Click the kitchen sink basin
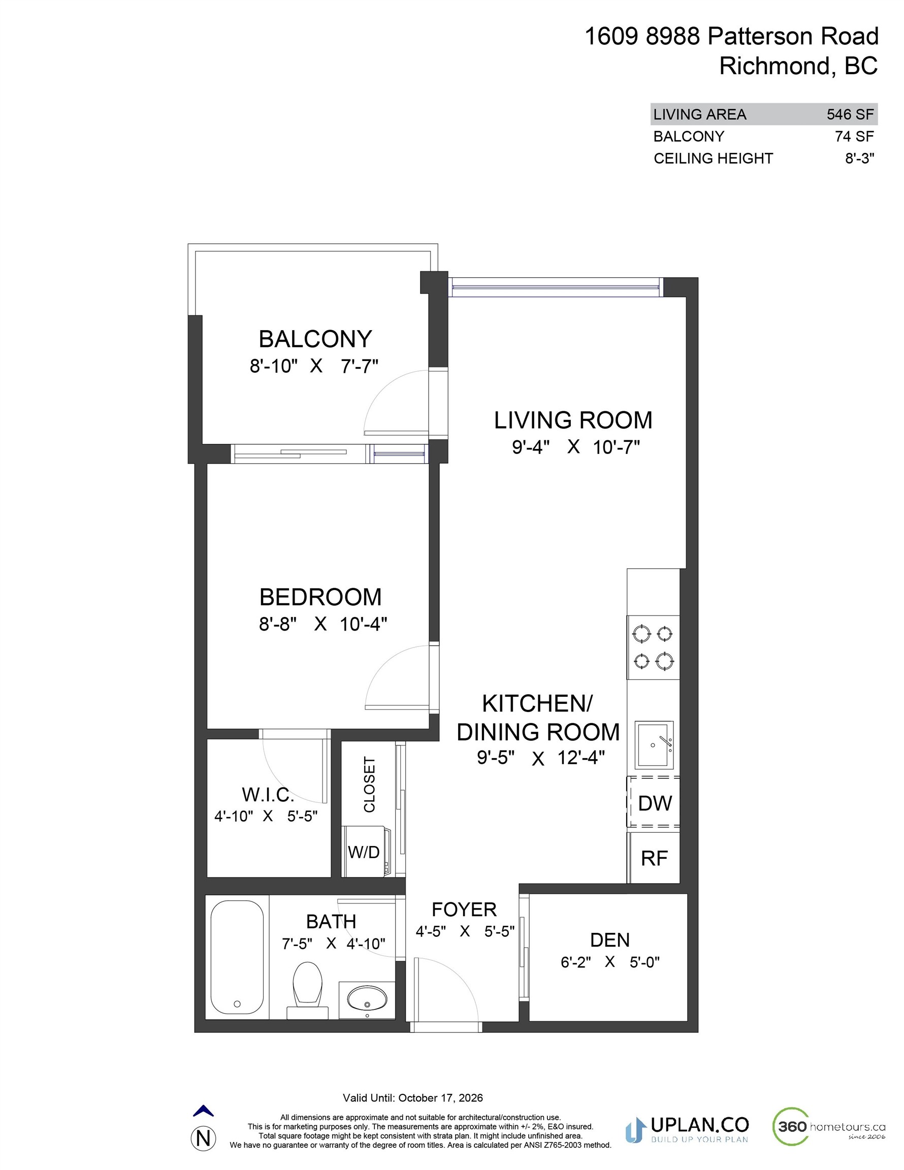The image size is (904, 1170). point(654,744)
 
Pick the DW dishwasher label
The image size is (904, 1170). point(655,803)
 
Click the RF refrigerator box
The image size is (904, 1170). point(654,858)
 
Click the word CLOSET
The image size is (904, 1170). point(369,784)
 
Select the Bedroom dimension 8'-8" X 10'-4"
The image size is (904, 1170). point(322,624)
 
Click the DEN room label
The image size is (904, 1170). point(610,939)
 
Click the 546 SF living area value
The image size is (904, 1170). point(850,114)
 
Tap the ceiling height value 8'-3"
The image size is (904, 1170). point(859,158)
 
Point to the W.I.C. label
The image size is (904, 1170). point(268,794)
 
